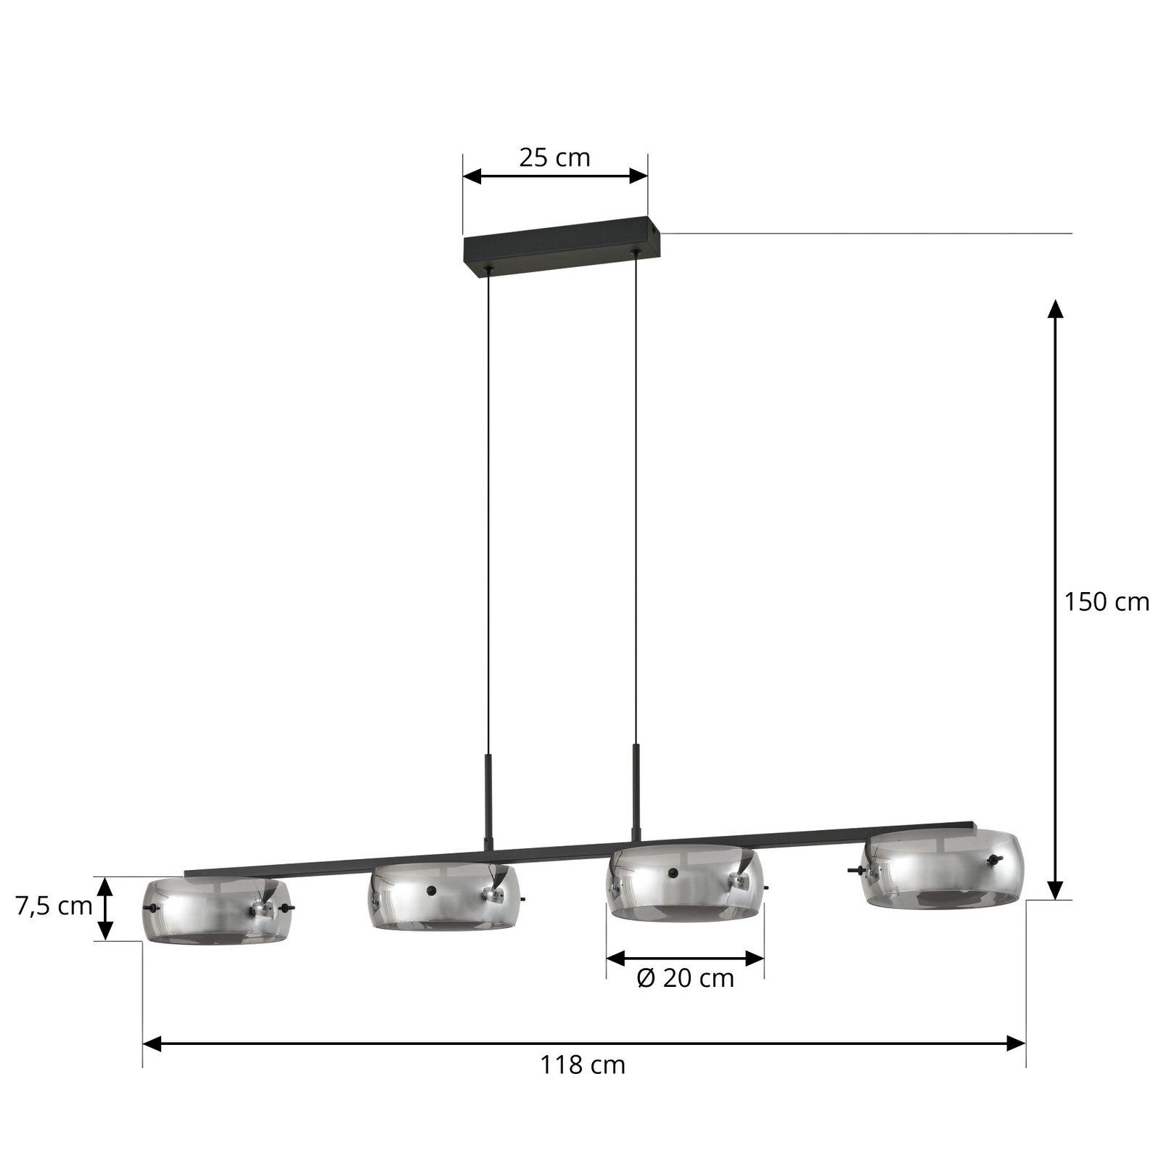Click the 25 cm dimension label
[x=554, y=157]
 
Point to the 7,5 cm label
[x=54, y=906]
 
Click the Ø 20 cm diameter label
[x=686, y=978]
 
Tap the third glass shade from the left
[x=685, y=882]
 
